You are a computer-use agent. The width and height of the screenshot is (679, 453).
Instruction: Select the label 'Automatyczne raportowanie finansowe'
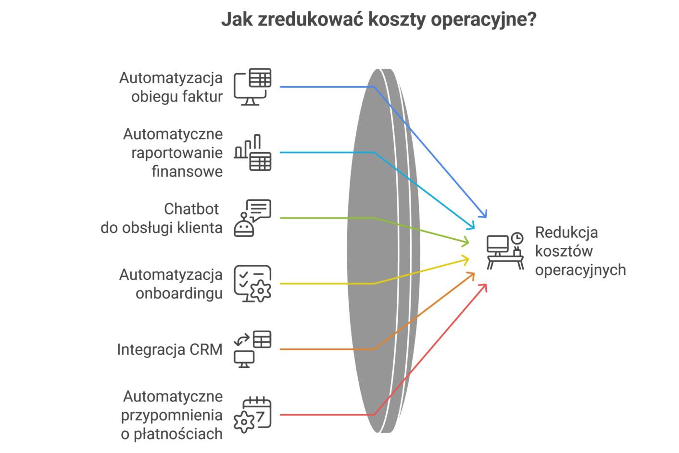point(173,153)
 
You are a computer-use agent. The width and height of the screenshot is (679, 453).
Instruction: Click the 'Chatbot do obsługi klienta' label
point(162,218)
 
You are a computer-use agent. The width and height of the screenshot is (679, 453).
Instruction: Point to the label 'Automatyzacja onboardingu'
point(171,284)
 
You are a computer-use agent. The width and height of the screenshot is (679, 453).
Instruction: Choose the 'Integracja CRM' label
point(170,349)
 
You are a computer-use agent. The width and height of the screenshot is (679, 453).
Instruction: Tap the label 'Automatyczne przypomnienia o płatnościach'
point(172,415)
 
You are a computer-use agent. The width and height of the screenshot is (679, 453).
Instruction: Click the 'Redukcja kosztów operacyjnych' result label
point(580,251)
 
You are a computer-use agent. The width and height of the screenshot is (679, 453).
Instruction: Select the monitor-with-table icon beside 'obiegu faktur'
point(252,87)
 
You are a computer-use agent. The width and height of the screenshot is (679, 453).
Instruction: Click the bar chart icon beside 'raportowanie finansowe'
point(253,153)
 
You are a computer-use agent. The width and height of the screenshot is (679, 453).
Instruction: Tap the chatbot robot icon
point(252,218)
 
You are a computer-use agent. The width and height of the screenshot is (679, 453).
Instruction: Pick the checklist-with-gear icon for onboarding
point(252,284)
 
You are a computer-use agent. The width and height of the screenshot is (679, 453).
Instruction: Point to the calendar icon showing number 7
point(252,414)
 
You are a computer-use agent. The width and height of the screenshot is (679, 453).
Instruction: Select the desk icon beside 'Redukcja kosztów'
point(505,251)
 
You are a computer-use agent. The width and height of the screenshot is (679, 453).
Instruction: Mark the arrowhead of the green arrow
point(466,241)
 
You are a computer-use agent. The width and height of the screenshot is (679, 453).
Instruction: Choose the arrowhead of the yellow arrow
point(466,260)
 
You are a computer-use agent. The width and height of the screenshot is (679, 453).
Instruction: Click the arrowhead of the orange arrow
point(472,275)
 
